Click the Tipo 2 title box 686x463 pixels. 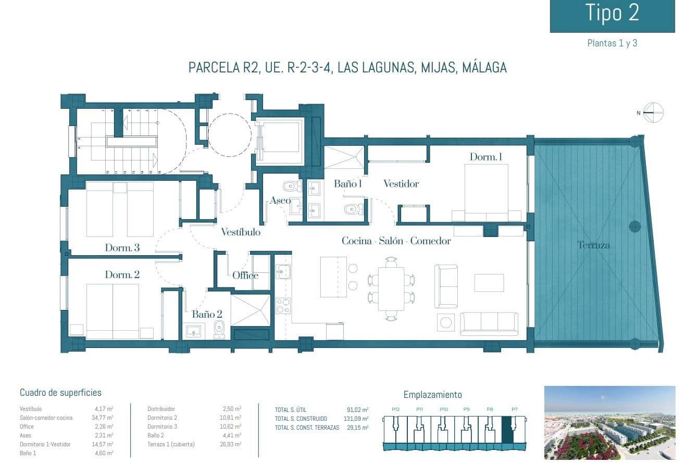tap(612, 16)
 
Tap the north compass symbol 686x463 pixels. tap(653, 112)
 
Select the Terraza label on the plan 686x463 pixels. tap(593, 245)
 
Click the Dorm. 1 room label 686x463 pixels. tap(485, 157)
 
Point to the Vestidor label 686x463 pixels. tap(401, 183)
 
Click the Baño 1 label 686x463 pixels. tap(348, 183)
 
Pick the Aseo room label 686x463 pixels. tap(280, 201)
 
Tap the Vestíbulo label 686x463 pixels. tap(240, 232)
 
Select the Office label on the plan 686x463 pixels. tap(245, 275)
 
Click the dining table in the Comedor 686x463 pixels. tap(391, 289)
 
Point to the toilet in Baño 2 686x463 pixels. tap(219, 330)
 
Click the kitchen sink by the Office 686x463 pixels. tap(283, 271)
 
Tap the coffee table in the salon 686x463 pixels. tap(489, 283)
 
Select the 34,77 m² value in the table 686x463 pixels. tap(103, 418)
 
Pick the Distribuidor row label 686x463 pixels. tap(161, 409)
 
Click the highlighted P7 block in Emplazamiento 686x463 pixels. tap(507, 430)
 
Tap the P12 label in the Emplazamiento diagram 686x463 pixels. tap(395, 409)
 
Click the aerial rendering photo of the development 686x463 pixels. tap(609, 422)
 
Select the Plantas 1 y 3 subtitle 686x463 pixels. tap(612, 43)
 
